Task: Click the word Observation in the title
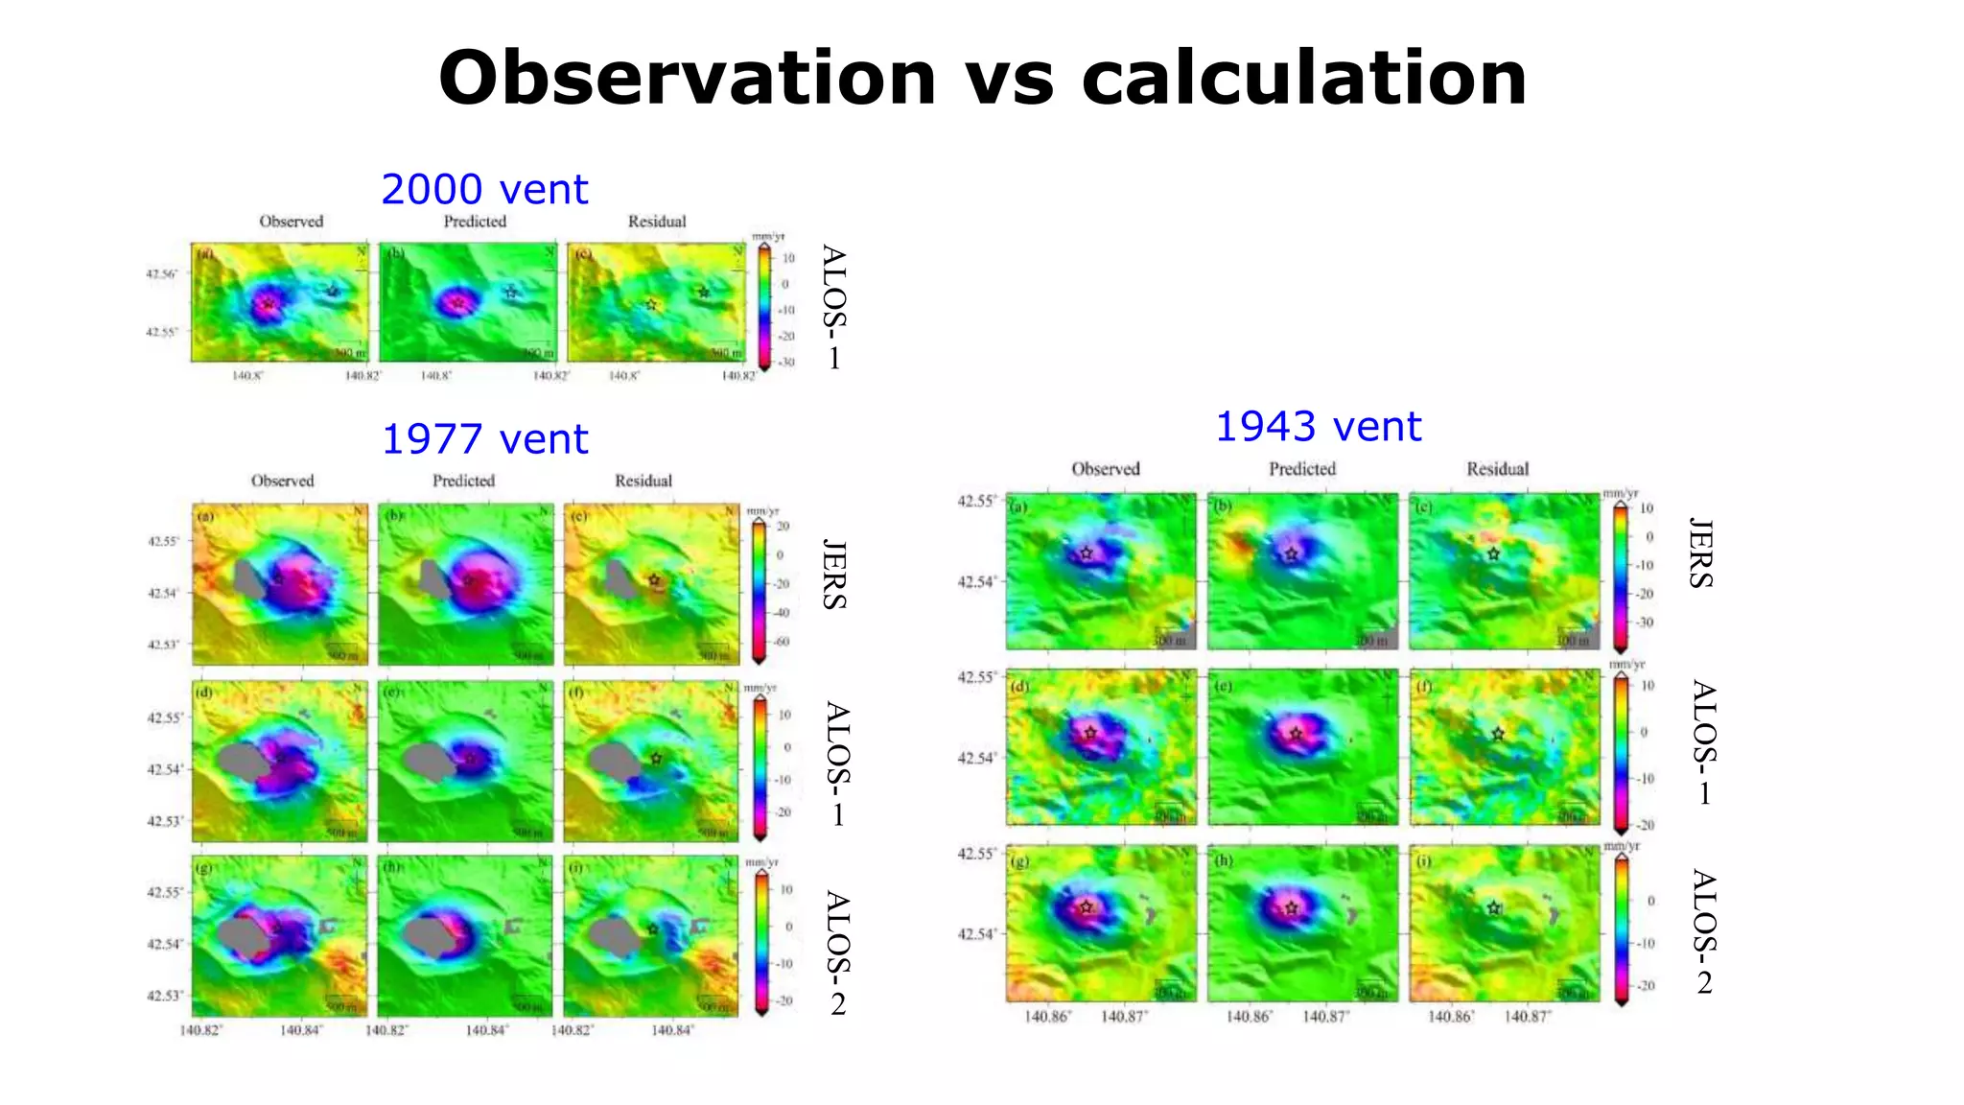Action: coord(687,79)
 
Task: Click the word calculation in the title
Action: coord(1303,79)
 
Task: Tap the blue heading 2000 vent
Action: coord(484,190)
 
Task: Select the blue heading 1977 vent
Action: coord(484,439)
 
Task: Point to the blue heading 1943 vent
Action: coord(1318,427)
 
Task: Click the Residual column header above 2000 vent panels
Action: coord(657,222)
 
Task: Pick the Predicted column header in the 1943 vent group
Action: coord(1301,469)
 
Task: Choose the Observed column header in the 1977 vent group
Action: coord(282,481)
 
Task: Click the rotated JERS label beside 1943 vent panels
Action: coord(1699,552)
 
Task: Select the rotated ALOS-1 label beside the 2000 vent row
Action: coord(833,307)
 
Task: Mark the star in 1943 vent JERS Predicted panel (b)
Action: coord(1291,554)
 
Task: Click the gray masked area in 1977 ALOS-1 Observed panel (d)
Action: coord(240,762)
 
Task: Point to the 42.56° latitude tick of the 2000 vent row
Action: coord(161,274)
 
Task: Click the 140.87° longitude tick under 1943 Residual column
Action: coord(1527,1017)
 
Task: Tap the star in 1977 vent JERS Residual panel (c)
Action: coord(654,580)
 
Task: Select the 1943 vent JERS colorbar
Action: coord(1621,576)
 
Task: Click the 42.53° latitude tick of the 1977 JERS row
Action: coord(163,645)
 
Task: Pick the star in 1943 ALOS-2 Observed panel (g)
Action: coord(1086,907)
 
